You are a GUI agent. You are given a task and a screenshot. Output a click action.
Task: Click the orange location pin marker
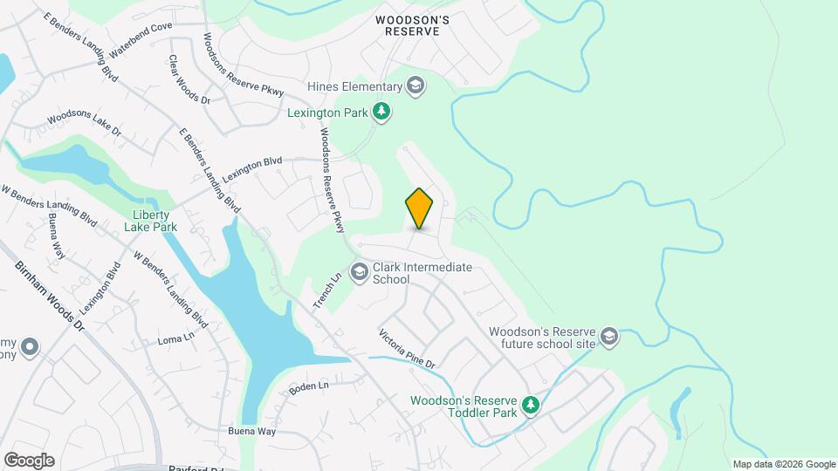coord(419,208)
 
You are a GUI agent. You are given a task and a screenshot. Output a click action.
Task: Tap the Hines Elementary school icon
coord(416,85)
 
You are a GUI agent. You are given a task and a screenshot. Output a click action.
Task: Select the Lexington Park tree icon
coord(381,112)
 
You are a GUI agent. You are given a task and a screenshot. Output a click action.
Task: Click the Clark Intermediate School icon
coord(358,272)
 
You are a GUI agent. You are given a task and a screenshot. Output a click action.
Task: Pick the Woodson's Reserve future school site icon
coord(608,337)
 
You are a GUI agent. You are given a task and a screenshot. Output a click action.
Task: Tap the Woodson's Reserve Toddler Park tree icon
coord(530,405)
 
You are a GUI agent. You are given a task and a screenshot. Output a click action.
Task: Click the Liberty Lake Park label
coord(155,221)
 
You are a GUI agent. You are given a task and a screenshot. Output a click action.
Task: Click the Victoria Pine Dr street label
coord(406,347)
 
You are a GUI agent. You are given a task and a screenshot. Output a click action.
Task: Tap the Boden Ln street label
coord(310,385)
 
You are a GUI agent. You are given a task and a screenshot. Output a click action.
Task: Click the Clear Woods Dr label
coord(189,80)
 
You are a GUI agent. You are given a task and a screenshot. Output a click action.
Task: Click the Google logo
coord(29,461)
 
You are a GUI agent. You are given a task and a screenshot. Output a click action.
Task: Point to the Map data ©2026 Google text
coord(784,464)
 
